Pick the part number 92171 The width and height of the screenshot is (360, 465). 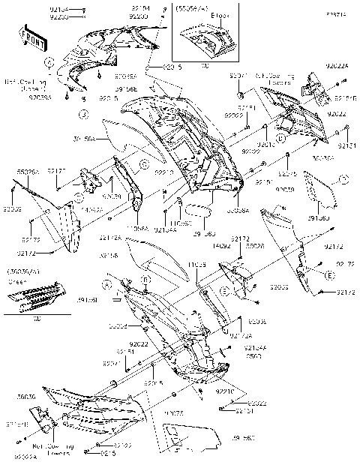tap(58, 171)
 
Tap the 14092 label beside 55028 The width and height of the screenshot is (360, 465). tap(220, 245)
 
